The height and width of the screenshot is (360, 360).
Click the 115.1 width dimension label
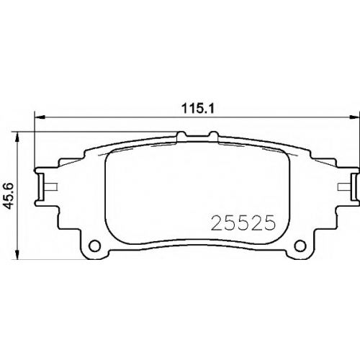(198, 109)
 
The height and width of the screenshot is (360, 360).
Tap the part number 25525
(242, 222)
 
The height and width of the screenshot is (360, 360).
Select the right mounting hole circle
(300, 246)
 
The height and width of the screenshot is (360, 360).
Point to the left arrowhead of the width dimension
(40, 117)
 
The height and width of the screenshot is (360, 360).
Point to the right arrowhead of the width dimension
(355, 117)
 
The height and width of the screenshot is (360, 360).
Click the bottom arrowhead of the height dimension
(17, 254)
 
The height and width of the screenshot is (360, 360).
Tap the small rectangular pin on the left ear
(51, 186)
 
